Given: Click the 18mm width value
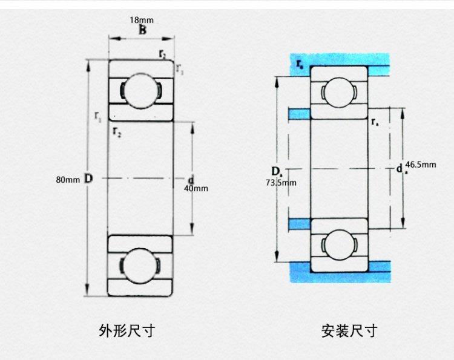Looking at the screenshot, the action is pos(141,20).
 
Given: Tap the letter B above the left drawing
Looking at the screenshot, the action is pos(141,30).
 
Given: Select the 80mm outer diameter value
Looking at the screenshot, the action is pos(68,180).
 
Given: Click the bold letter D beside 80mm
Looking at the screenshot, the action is pos(88,179).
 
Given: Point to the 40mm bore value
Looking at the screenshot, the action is pos(195,188).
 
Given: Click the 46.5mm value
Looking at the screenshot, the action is pos(420,165).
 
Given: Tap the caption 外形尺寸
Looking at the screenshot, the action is pos(127,331).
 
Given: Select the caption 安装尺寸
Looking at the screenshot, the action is pos(349,331).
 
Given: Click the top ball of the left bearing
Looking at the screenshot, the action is pos(141,90).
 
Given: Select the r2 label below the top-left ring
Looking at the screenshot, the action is pos(117,131).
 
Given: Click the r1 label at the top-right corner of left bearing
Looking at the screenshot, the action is pos(180,70).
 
